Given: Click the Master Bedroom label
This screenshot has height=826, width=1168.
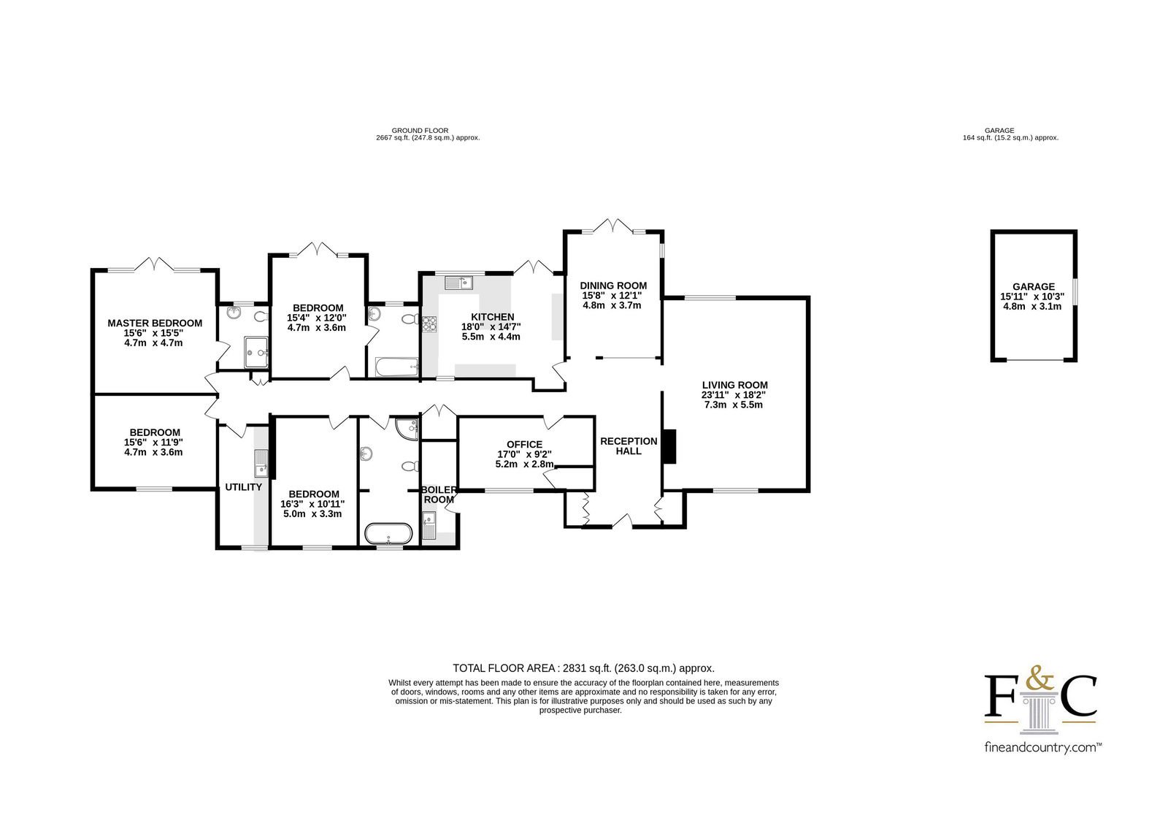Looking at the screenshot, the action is [x=155, y=323].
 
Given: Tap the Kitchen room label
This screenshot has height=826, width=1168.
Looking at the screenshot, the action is [x=492, y=317].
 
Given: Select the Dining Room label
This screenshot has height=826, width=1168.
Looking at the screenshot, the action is [x=613, y=286].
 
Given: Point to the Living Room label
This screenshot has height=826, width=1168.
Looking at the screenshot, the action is [x=734, y=385].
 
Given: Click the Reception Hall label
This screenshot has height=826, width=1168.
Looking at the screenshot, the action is [x=629, y=446].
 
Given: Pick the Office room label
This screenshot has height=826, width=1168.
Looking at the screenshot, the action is [x=525, y=445].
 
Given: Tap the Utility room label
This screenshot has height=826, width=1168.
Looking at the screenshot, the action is [x=244, y=487].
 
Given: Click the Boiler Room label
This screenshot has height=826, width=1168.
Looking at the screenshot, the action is [x=439, y=494].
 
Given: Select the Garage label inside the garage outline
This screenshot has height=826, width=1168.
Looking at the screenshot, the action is [x=1034, y=286].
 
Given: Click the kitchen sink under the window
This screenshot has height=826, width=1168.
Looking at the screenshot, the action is [x=458, y=283].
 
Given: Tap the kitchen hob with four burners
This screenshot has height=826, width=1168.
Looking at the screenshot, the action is [x=430, y=324].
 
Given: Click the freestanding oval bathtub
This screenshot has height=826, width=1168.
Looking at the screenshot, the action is [x=388, y=534].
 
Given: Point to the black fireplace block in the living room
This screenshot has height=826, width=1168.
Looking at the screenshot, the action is [x=669, y=446].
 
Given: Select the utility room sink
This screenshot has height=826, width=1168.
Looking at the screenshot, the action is [x=261, y=463].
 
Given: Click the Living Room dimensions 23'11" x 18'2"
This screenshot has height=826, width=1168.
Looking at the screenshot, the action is [x=734, y=395].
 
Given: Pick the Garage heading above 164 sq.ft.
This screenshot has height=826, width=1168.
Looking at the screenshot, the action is [x=999, y=131].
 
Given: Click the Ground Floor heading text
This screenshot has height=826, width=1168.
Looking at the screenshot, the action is [x=420, y=131].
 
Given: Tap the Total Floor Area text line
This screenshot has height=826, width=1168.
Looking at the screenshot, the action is [x=583, y=668].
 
